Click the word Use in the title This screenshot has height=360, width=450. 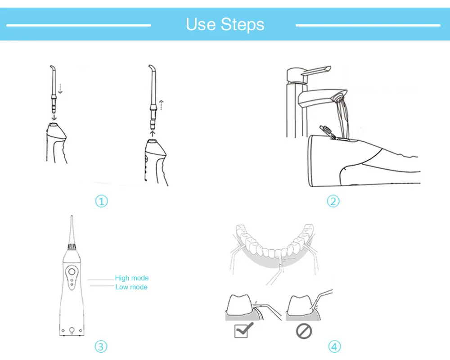[x=200, y=24]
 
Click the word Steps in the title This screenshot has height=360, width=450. [x=243, y=25]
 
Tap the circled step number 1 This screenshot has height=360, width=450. [x=101, y=201]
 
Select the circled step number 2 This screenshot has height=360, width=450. [x=333, y=201]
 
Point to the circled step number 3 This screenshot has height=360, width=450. [x=101, y=347]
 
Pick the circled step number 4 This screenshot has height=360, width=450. [x=334, y=347]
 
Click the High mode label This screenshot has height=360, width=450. [x=132, y=278]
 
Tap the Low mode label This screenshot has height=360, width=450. [x=131, y=287]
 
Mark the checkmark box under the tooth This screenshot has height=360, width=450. [x=241, y=331]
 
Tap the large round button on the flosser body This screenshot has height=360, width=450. [x=72, y=272]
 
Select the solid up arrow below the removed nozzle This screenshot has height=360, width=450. [x=153, y=134]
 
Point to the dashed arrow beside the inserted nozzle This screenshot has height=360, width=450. [x=60, y=89]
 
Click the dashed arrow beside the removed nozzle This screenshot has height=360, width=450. [x=162, y=105]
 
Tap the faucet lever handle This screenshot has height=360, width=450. [x=316, y=71]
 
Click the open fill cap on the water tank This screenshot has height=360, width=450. [x=327, y=132]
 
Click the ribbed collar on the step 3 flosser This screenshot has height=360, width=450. [x=72, y=246]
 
